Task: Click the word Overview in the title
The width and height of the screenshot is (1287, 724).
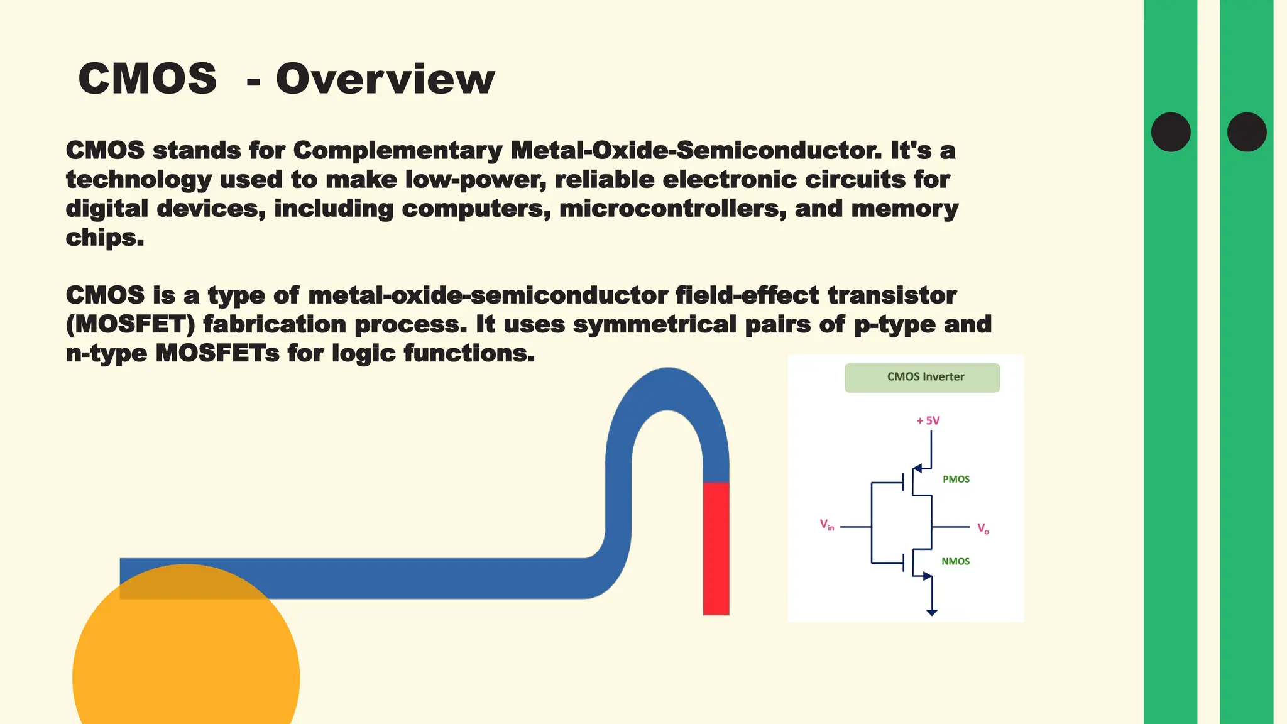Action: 385,80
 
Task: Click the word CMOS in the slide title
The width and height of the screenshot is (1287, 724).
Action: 148,80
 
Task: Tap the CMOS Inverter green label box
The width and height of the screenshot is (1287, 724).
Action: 922,378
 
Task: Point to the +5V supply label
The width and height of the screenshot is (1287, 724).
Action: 928,420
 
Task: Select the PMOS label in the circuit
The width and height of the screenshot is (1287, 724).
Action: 956,480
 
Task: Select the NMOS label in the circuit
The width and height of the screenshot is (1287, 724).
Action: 955,562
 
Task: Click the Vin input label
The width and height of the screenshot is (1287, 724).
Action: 826,525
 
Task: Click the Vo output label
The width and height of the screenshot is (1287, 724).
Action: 983,529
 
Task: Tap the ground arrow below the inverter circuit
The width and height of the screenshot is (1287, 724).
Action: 932,612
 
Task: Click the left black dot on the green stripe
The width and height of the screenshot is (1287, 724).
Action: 1171,132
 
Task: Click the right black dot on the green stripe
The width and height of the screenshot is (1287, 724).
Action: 1247,132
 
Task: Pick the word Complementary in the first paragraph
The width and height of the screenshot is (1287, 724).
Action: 397,151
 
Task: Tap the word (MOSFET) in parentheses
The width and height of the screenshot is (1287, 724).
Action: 131,325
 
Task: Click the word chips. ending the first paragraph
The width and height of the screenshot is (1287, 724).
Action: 105,238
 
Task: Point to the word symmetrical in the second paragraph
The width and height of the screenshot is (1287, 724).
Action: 654,325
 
